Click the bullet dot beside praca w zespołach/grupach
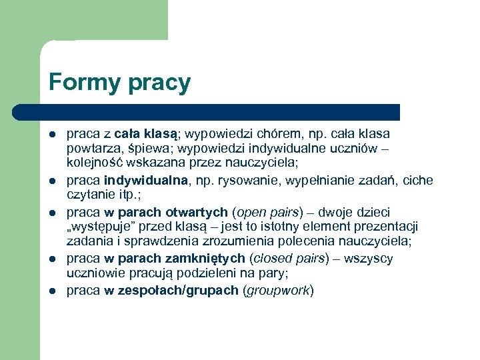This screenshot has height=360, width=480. pos(53,291)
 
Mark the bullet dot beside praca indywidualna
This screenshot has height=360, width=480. pos(53,181)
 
